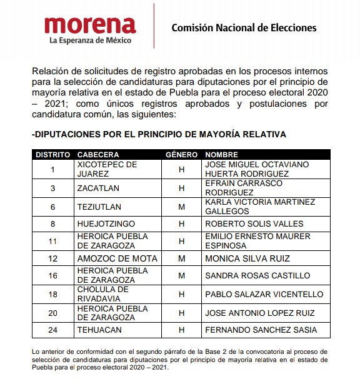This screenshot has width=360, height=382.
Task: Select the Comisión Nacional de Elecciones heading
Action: [x=244, y=27]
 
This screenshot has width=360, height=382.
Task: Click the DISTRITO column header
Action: [x=52, y=154]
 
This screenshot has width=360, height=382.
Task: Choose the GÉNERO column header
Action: [x=182, y=154]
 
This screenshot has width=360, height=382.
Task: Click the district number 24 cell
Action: [x=52, y=330]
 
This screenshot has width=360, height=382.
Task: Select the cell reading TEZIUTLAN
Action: [x=99, y=206]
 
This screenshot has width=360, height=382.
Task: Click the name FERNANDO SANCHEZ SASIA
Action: [x=261, y=330]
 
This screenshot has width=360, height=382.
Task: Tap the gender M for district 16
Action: [x=182, y=275]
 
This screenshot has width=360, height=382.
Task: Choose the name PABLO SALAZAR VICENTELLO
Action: [x=264, y=294]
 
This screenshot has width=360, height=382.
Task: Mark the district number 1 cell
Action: [x=52, y=169]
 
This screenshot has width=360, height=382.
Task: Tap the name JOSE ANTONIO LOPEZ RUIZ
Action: [x=259, y=312]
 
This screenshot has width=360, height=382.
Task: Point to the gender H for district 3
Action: [x=182, y=188]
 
